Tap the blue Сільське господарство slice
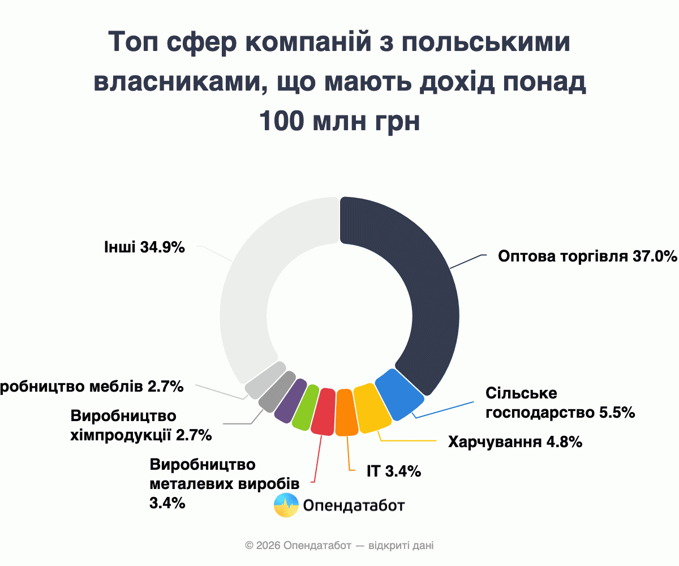pyautogui.click(x=399, y=395)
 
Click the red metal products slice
pyautogui.click(x=324, y=411)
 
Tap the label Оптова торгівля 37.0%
pyautogui.click(x=587, y=256)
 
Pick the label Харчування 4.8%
pyautogui.click(x=515, y=442)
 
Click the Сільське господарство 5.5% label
pyautogui.click(x=560, y=403)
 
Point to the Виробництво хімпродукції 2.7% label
pyautogui.click(x=141, y=426)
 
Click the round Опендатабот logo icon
pyautogui.click(x=286, y=505)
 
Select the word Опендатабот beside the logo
pyautogui.click(x=354, y=505)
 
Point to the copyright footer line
pyautogui.click(x=339, y=546)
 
